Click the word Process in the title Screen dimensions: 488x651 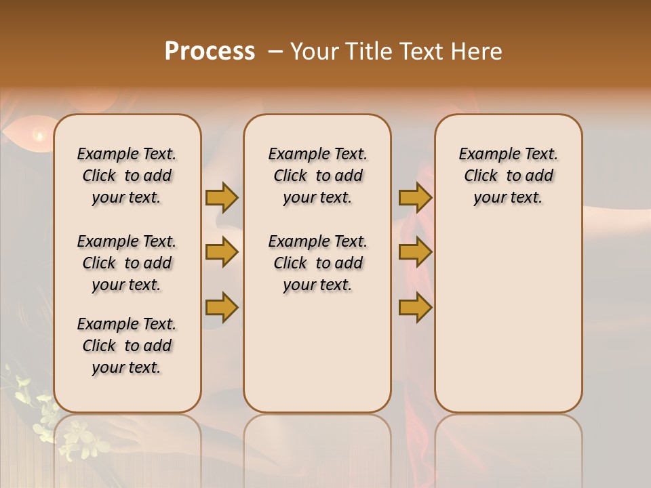pyautogui.click(x=210, y=52)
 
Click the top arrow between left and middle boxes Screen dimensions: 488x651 pyautogui.click(x=222, y=197)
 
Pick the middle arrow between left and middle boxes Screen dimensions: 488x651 pyautogui.click(x=222, y=253)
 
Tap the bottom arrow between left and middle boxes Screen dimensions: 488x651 pyautogui.click(x=222, y=307)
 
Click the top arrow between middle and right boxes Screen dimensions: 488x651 pyautogui.click(x=415, y=197)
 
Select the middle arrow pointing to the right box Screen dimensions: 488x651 pyautogui.click(x=415, y=253)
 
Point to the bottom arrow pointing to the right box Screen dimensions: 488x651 pyautogui.click(x=415, y=307)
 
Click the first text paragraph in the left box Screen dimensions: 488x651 pyautogui.click(x=127, y=176)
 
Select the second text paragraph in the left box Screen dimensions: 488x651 pyautogui.click(x=127, y=263)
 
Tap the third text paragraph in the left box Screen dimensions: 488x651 pyautogui.click(x=127, y=346)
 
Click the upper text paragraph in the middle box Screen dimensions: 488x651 pyautogui.click(x=317, y=176)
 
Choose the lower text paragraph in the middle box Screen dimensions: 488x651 pyautogui.click(x=317, y=263)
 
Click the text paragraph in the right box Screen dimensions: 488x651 pyautogui.click(x=508, y=176)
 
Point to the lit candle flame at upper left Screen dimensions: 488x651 pyautogui.click(x=39, y=136)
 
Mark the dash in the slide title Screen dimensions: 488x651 pyautogui.click(x=275, y=52)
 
